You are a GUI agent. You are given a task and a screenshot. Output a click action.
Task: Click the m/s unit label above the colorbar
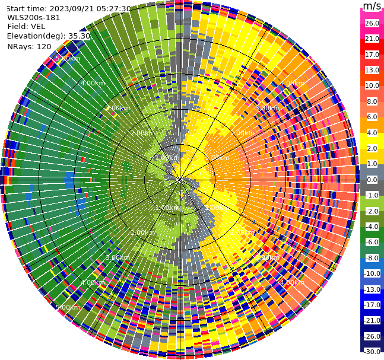point(372,6)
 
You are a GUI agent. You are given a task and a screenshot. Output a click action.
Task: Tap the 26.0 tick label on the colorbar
point(372,23)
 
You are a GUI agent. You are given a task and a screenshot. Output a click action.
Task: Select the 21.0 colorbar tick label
point(372,39)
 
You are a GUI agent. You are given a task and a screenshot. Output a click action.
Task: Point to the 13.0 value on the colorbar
point(372,70)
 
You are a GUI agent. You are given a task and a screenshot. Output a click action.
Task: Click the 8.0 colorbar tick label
point(372,101)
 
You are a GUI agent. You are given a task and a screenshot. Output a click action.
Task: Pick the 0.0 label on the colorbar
point(372,180)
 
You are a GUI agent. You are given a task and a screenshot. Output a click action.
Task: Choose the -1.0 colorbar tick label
point(372,195)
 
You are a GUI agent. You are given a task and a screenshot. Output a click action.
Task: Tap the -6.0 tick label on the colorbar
point(372,242)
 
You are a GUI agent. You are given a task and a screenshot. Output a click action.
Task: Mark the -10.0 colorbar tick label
point(372,273)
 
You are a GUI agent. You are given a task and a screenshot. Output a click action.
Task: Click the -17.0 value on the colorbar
point(372,305)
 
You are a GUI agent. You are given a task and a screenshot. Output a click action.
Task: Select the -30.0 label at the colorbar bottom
point(372,352)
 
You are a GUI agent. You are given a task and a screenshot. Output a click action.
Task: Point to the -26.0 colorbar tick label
point(372,336)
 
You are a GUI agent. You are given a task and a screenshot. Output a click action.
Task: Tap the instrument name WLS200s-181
point(34,18)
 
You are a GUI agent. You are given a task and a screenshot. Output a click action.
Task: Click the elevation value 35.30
point(79,36)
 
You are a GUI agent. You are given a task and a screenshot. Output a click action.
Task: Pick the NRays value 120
point(43,46)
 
